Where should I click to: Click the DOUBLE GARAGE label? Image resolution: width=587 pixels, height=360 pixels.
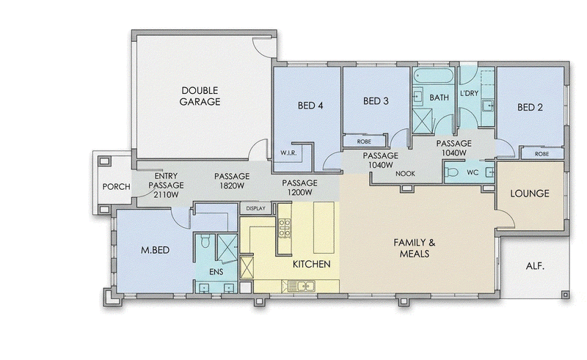click(200, 96)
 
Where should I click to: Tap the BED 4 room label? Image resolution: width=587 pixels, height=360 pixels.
click(310, 106)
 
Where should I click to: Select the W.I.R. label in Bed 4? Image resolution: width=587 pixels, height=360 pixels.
click(288, 153)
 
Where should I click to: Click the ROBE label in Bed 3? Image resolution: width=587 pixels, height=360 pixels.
click(364, 142)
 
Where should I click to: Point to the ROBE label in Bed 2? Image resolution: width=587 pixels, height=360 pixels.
click(542, 154)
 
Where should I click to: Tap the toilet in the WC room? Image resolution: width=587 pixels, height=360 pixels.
click(452, 172)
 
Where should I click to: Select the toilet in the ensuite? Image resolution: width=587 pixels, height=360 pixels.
click(205, 242)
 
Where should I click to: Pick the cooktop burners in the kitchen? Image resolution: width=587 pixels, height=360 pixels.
click(285, 228)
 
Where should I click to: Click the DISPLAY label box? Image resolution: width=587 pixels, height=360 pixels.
click(255, 208)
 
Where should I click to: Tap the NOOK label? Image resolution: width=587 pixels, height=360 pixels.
click(405, 174)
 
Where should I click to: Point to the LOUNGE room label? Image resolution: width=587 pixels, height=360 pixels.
click(530, 194)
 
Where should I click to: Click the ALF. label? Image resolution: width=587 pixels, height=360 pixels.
click(535, 266)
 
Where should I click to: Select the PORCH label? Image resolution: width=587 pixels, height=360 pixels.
click(117, 186)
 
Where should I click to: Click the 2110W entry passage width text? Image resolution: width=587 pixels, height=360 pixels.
click(166, 194)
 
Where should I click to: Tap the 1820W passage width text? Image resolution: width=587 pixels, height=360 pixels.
click(232, 185)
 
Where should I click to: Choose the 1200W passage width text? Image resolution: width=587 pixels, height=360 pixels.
click(299, 192)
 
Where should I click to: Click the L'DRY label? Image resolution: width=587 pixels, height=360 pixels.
click(469, 93)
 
